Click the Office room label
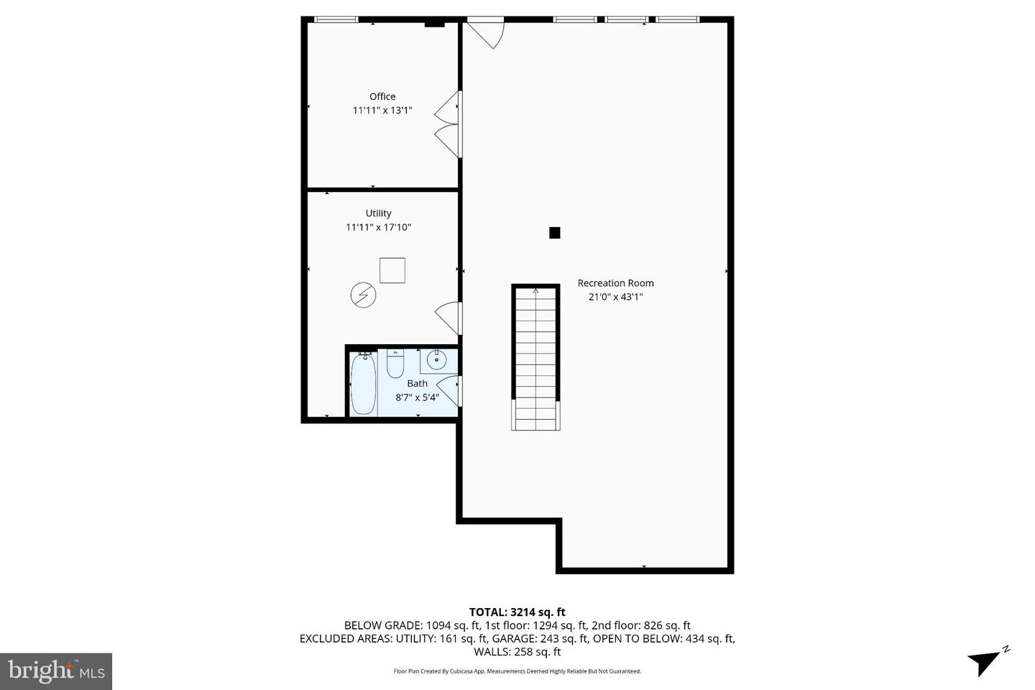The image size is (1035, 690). click(x=382, y=96)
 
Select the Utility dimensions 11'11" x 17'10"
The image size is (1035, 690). click(x=378, y=227)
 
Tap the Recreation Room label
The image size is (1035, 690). click(x=615, y=283)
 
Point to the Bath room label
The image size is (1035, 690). click(x=417, y=383)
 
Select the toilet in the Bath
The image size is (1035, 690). click(x=395, y=364)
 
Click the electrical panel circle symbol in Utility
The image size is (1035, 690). click(x=363, y=295)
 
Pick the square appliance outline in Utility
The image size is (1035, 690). click(x=392, y=270)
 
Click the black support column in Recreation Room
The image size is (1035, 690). click(x=554, y=233)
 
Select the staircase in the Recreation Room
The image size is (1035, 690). click(x=535, y=357)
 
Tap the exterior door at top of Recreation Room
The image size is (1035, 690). click(x=484, y=32)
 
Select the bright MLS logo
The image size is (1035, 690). click(x=56, y=671)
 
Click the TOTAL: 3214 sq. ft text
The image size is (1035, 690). click(x=517, y=612)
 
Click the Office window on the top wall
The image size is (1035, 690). click(x=336, y=19)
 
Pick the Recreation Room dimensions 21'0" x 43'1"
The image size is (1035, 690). click(x=615, y=297)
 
